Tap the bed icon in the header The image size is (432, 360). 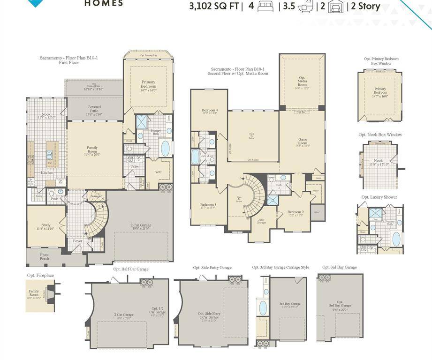265,7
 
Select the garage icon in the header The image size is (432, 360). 336,7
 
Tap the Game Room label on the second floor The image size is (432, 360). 303,142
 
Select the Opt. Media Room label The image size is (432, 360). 302,82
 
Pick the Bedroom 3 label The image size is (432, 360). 208,205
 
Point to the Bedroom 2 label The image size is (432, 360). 296,213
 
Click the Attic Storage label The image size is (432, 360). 261,222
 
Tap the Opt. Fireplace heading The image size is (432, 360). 40,275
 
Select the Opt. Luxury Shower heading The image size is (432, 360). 379,197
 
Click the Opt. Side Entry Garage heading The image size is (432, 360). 212,268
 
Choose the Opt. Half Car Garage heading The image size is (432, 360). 130,269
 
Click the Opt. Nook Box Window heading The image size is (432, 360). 380,135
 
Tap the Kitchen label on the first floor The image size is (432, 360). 47,173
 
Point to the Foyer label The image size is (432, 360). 77,241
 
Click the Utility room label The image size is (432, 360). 134,166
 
